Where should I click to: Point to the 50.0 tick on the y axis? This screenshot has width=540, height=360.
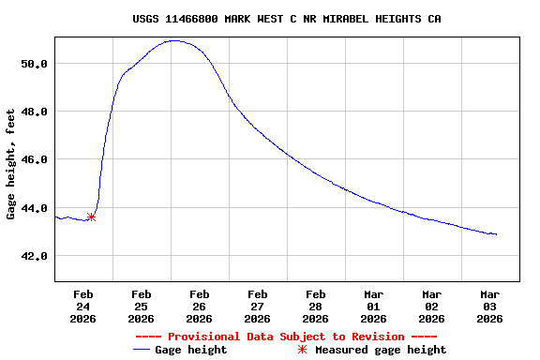click(35, 64)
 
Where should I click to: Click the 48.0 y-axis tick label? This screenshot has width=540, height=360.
click(35, 112)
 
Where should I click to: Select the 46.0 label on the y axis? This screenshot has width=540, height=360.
click(35, 160)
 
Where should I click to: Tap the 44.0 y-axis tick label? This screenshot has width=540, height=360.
click(35, 208)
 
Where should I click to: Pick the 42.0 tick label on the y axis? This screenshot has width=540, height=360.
click(35, 256)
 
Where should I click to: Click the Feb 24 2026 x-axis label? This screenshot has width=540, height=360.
click(83, 306)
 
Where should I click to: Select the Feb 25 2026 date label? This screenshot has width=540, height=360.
click(142, 306)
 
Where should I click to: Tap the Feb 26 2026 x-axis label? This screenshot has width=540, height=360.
click(199, 306)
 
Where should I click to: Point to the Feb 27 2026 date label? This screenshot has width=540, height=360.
click(257, 306)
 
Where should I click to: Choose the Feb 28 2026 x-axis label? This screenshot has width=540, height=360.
click(315, 306)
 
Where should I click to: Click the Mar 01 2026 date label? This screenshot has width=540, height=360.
click(373, 306)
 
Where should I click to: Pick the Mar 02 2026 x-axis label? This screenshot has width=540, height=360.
click(431, 306)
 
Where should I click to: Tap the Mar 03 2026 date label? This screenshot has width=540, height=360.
click(489, 306)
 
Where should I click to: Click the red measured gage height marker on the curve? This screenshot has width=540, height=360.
click(91, 217)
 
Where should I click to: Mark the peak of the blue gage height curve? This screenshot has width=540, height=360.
click(174, 40)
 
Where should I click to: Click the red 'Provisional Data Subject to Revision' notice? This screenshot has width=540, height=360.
click(286, 337)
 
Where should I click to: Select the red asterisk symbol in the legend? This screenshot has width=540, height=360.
click(302, 350)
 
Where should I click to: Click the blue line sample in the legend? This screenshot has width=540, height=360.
click(142, 350)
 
